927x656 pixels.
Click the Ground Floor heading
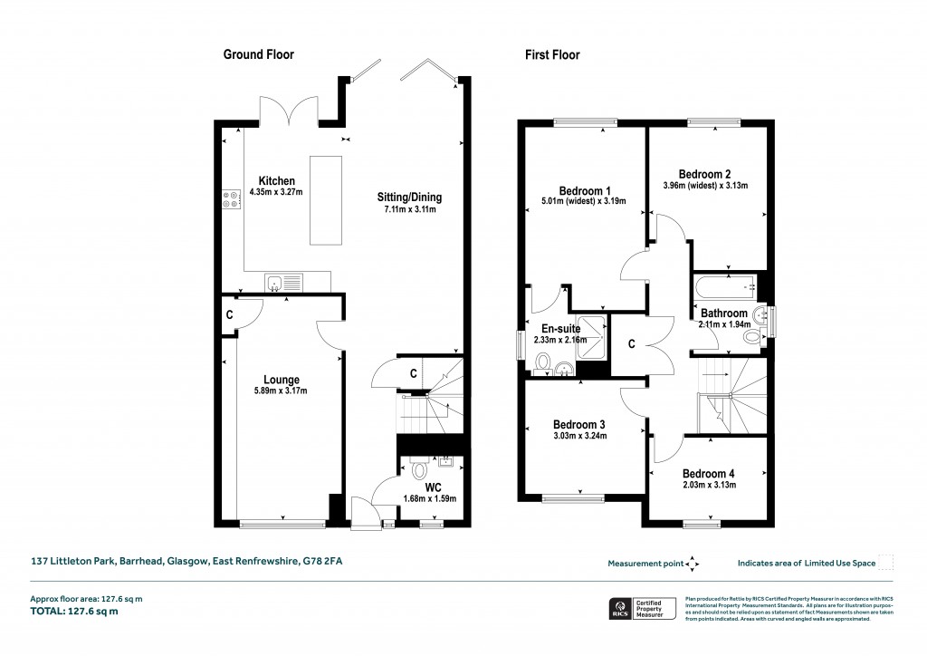click(x=259, y=55)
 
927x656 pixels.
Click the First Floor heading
click(x=552, y=55)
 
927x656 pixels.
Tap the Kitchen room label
click(x=276, y=181)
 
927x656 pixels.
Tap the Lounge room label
click(x=282, y=380)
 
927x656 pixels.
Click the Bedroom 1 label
click(x=581, y=190)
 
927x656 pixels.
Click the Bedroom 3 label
click(x=579, y=424)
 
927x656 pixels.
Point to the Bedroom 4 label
click(x=709, y=473)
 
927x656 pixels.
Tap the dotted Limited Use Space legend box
click(x=886, y=563)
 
